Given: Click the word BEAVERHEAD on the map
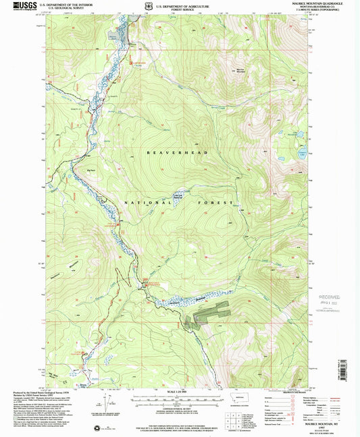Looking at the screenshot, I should (x=172, y=153).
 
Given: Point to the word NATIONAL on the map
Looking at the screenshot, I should (x=141, y=203).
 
